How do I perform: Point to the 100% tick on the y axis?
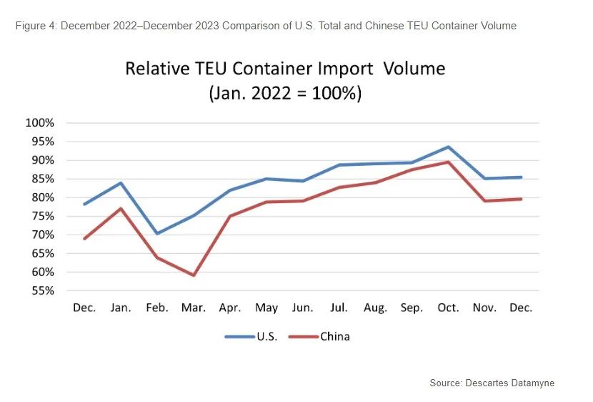tap(40, 122)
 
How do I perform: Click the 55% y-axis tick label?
tap(40, 290)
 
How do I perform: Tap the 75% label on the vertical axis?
tap(40, 216)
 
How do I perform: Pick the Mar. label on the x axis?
tap(193, 308)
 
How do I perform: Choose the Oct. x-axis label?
tap(448, 308)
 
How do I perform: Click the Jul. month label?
tap(339, 308)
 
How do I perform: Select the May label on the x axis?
tap(266, 308)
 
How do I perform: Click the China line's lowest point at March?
tap(193, 275)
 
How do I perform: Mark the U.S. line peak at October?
tap(448, 147)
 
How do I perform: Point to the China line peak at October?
tap(448, 162)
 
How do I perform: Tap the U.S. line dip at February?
tap(156, 233)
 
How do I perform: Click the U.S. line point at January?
tap(121, 182)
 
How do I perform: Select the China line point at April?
tap(229, 216)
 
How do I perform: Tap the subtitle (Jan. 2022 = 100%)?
tap(285, 94)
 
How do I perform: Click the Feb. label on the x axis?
tap(156, 308)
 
